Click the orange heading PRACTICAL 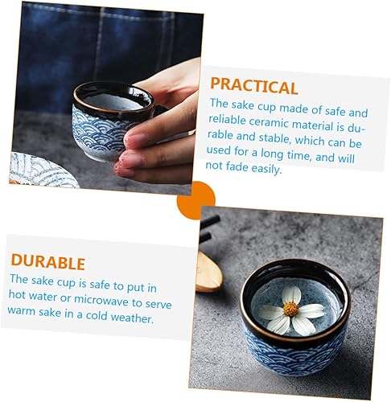(x=253, y=86)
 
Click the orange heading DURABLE (x=48, y=261)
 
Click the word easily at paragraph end (x=266, y=169)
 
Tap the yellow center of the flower (x=290, y=309)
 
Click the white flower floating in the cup (x=292, y=311)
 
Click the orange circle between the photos (x=196, y=200)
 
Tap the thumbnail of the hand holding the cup (x=105, y=97)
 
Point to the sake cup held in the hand (x=113, y=121)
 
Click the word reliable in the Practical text (x=227, y=120)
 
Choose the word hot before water (x=17, y=294)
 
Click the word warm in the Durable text (x=21, y=310)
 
